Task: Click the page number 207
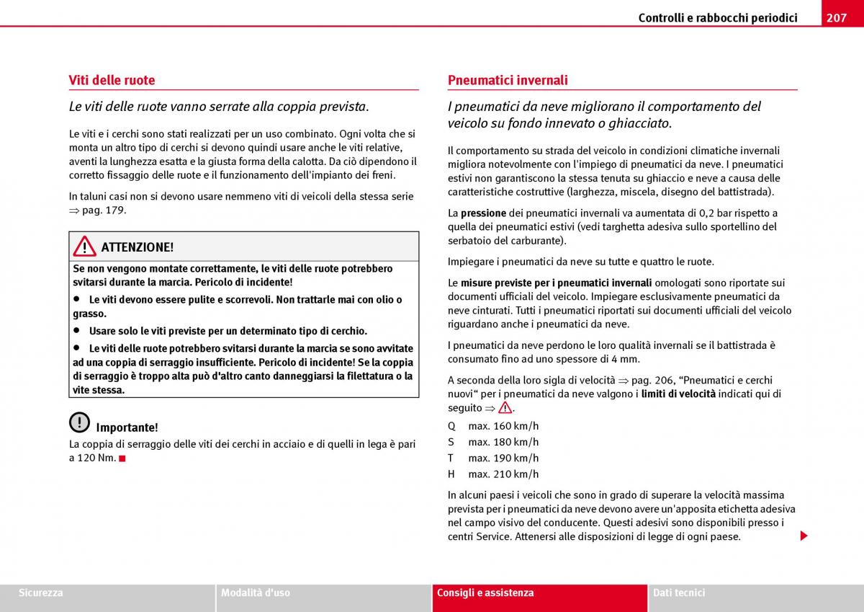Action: (x=836, y=17)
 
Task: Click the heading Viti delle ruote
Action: (x=112, y=80)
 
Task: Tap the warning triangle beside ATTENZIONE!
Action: (x=84, y=247)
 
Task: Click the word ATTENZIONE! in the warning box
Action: (x=137, y=247)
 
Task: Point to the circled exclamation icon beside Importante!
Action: (x=80, y=422)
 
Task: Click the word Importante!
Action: (x=127, y=427)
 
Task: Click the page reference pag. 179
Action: (x=104, y=210)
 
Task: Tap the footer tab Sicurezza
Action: (x=41, y=593)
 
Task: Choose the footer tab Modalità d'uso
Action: (x=256, y=593)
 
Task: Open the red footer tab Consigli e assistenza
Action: (x=485, y=593)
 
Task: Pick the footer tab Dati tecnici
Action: (x=679, y=593)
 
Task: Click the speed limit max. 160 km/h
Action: (x=503, y=426)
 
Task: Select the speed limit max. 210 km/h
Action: (x=503, y=474)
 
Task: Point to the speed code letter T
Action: (x=451, y=458)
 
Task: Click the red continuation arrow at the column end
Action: (x=804, y=536)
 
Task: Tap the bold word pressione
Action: (x=483, y=213)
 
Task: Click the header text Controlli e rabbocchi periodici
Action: (x=717, y=17)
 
